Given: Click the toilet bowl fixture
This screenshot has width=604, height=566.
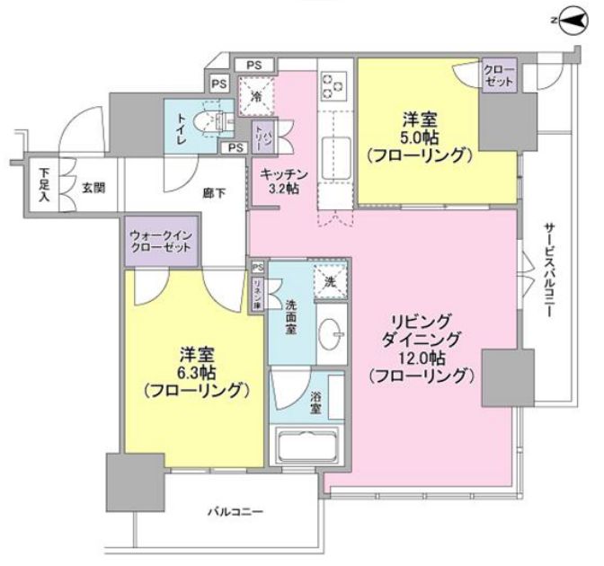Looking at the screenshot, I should [218, 119].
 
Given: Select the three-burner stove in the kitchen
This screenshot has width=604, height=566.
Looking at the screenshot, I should [333, 84].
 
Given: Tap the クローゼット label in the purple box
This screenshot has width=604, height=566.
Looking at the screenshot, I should [499, 76].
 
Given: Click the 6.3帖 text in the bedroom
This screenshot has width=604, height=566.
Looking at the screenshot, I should [194, 372].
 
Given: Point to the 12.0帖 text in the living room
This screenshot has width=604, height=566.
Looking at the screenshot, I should [419, 358].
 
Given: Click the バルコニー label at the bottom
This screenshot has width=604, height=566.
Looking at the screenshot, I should [235, 512].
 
